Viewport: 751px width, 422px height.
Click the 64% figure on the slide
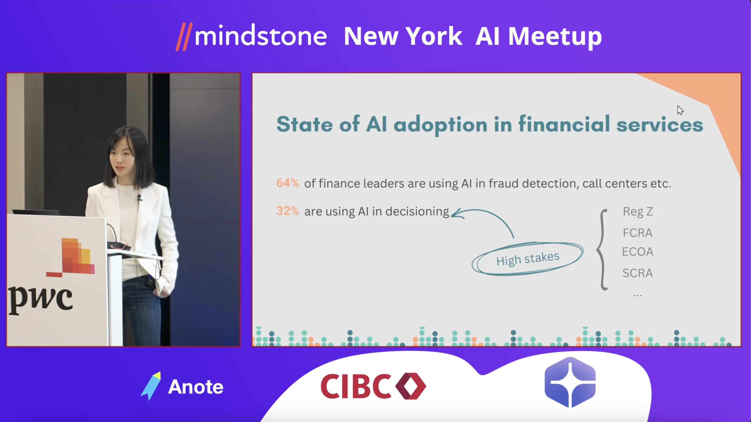pos(287,183)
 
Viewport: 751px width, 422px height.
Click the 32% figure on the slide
pos(287,211)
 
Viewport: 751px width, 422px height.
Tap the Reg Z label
pos(637,211)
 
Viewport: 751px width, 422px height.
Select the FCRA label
pos(637,233)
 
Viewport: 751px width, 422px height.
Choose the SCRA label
pos(637,273)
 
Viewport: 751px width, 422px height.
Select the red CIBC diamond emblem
pos(411,386)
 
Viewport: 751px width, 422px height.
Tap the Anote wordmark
pos(196,387)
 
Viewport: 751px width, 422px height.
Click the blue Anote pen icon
pos(151,386)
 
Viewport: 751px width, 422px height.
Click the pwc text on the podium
pos(40,300)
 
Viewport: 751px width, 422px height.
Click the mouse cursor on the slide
pos(680,110)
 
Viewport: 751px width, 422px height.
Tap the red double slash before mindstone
pos(184,37)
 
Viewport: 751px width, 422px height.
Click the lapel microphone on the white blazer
pos(139,198)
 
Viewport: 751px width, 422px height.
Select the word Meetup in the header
pos(555,37)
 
